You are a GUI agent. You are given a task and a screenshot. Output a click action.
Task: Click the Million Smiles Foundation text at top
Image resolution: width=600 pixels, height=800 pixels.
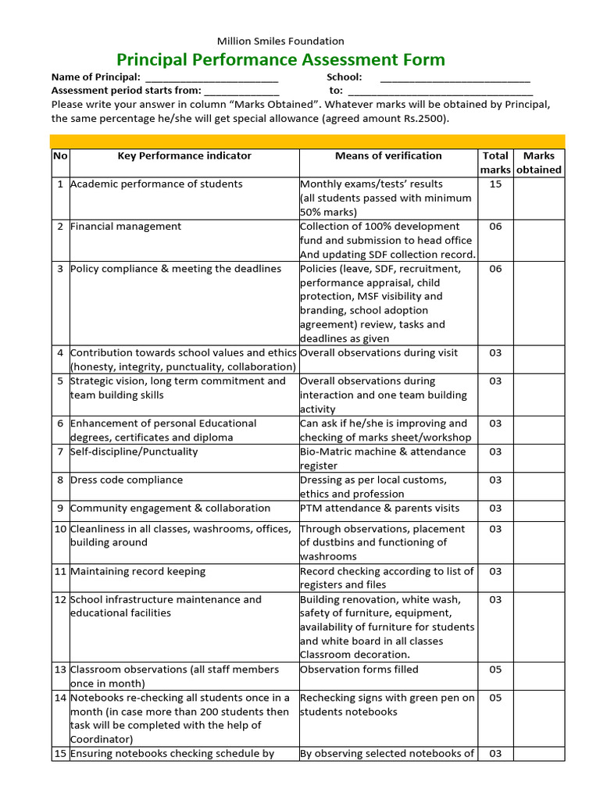[x=280, y=41]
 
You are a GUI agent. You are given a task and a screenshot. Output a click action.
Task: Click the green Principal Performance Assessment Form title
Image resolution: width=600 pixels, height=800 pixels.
[x=280, y=60]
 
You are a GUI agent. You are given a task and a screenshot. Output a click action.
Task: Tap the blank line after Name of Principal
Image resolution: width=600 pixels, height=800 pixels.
[x=211, y=77]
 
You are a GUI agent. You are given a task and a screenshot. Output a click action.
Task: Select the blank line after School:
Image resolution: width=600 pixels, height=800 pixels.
[x=455, y=77]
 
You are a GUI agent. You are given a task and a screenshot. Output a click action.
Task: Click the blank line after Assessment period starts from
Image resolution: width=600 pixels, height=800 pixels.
[x=241, y=91]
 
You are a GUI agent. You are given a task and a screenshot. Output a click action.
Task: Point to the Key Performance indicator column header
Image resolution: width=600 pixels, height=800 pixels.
[x=184, y=155]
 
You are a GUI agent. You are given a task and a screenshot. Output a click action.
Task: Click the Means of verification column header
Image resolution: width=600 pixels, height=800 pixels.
[x=388, y=155]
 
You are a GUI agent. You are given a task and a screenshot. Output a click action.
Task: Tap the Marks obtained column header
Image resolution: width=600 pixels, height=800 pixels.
[x=538, y=162]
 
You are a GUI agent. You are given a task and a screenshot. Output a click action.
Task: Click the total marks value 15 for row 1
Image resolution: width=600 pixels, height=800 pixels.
[x=495, y=184]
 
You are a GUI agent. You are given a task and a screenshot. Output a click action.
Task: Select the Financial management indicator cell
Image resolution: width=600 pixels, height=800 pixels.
[x=126, y=227]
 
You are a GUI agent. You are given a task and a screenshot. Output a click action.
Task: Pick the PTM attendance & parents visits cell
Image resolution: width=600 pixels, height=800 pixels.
[x=380, y=508]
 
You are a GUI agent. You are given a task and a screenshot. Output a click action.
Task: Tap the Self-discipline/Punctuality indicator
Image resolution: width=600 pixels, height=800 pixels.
[x=134, y=452]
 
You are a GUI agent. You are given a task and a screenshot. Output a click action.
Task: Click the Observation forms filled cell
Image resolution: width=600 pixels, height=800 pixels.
[x=359, y=670]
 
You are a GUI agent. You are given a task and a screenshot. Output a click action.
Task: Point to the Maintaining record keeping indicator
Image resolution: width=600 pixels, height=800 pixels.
[x=138, y=571]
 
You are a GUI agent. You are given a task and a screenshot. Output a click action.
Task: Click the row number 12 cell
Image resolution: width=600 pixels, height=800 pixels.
[x=60, y=599]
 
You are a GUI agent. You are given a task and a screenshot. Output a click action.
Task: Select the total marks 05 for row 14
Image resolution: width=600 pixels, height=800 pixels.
[x=495, y=698]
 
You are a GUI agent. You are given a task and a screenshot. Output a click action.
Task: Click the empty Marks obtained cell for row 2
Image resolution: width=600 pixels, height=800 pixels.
[x=538, y=240]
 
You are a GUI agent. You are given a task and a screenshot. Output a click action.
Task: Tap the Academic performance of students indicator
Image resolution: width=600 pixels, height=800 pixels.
[x=156, y=184]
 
